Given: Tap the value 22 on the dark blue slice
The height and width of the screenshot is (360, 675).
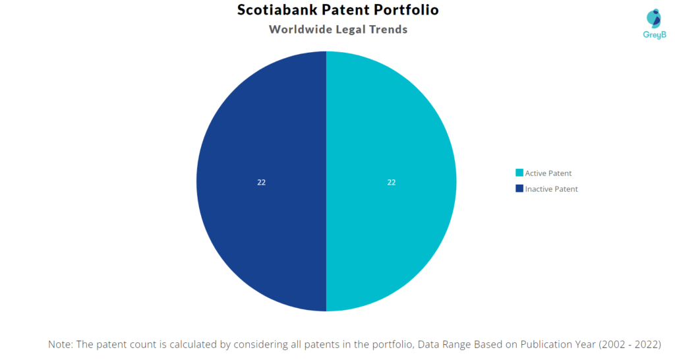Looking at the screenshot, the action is click(x=261, y=183).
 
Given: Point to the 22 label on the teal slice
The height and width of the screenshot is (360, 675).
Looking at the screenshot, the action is click(x=392, y=183).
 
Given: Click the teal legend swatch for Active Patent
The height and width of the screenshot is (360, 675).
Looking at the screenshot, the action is click(x=519, y=173).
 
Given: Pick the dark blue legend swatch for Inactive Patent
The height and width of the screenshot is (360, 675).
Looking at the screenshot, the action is click(x=519, y=189).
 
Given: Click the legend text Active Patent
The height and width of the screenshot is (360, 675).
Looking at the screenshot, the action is click(x=548, y=173).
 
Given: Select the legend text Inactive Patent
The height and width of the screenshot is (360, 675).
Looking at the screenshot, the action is click(x=552, y=189).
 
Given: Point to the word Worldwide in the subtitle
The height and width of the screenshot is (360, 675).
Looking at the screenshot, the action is click(x=301, y=29).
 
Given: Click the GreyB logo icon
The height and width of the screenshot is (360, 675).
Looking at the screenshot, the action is click(x=654, y=18).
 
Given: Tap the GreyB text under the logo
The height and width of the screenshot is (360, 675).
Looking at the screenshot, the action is click(x=655, y=35).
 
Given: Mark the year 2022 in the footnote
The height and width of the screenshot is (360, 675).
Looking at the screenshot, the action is click(x=645, y=344).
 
